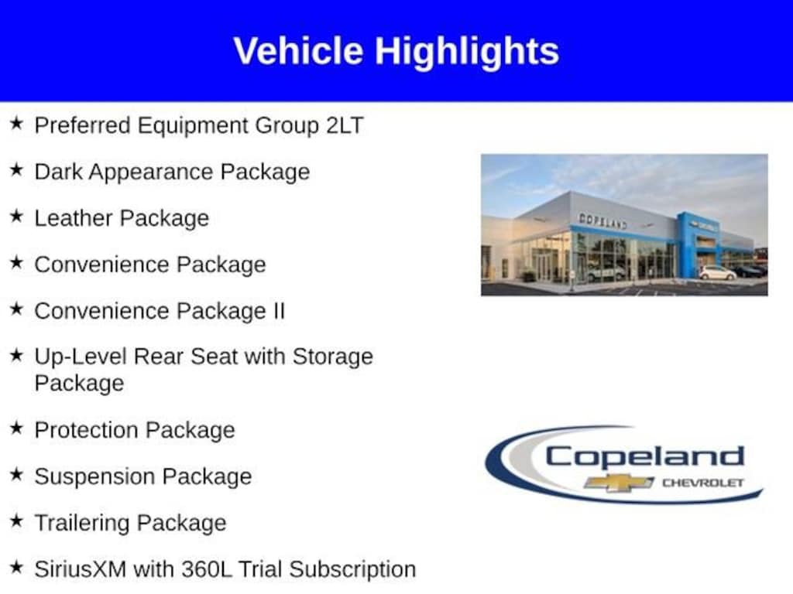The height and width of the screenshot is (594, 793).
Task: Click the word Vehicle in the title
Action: [x=298, y=50]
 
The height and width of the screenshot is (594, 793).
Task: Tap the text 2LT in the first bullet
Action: [x=345, y=125]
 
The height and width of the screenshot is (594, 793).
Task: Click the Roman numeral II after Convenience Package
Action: [x=279, y=311]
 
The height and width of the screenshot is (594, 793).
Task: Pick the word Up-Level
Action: [x=81, y=357]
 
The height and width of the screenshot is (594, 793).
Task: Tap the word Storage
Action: [x=332, y=357]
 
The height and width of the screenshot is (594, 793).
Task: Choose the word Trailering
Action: [x=82, y=524]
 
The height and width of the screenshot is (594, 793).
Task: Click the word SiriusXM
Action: [x=81, y=569]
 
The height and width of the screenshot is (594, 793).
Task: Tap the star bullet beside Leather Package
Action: [x=17, y=217]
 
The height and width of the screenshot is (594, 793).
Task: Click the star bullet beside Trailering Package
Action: [x=17, y=521]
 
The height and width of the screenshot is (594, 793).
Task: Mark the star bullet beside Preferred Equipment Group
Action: [x=17, y=123]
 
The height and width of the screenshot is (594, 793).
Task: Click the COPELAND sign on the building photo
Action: [x=602, y=220]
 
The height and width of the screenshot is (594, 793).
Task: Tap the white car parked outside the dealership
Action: [x=718, y=273]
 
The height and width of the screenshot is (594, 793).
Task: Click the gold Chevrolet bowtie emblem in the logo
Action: [x=618, y=483]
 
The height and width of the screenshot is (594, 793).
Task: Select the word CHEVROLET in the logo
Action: [x=703, y=483]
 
